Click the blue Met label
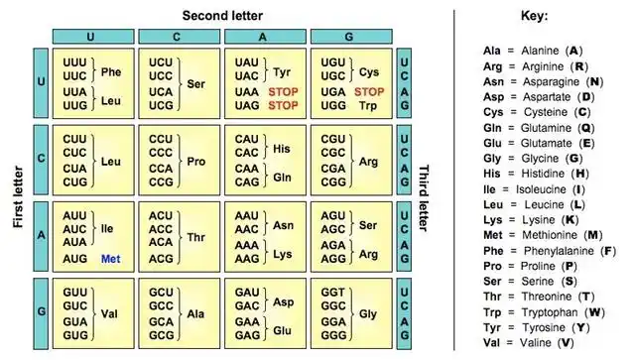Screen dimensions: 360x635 tap(110, 258)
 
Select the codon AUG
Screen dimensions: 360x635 tap(75, 258)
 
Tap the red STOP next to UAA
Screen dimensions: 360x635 tap(283, 91)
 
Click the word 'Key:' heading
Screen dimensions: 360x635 tap(535, 17)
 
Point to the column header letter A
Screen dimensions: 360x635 tap(265, 37)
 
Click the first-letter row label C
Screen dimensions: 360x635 tap(41, 159)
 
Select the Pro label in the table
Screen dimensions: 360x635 tap(196, 161)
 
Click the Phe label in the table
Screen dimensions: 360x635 tap(111, 71)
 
